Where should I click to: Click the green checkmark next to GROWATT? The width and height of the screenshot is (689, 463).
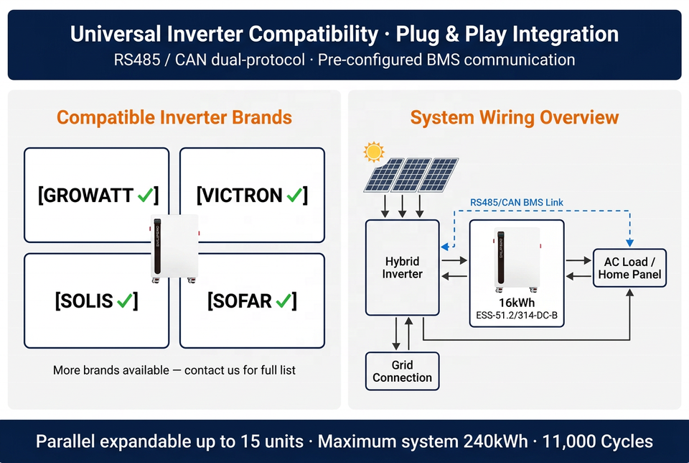(146, 195)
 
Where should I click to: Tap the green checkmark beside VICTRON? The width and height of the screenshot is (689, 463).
(294, 195)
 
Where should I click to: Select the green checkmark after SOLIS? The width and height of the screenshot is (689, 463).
(125, 301)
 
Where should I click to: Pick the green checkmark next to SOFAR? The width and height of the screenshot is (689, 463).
(283, 301)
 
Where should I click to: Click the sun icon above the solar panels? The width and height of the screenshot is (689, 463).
(374, 152)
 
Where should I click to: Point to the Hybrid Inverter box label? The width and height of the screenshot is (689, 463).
(402, 267)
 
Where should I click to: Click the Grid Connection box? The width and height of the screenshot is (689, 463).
(402, 371)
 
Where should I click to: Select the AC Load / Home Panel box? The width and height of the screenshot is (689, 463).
(629, 268)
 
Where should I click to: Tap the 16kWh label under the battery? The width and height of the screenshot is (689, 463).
(517, 303)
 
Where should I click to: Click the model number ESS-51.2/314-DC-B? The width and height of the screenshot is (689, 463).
(517, 316)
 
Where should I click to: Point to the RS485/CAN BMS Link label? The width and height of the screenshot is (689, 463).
(517, 203)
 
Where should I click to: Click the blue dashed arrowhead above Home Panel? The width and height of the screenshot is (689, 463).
(629, 243)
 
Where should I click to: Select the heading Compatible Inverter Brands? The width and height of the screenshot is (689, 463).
(174, 117)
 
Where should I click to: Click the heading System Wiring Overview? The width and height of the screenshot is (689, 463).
(515, 117)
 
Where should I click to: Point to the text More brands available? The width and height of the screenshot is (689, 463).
(111, 370)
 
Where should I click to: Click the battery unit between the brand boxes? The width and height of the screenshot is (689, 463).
(174, 248)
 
